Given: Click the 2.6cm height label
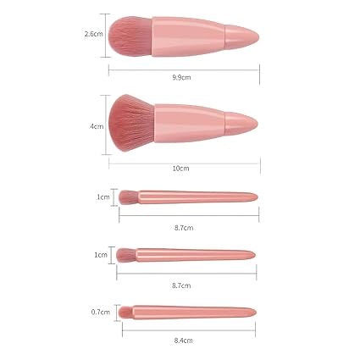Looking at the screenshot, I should (x=93, y=36).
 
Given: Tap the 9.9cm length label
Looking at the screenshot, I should (x=180, y=77).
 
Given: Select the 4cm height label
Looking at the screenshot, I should (x=97, y=127).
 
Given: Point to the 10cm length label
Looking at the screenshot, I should (x=180, y=168).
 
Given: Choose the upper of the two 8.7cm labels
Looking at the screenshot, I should (x=186, y=228).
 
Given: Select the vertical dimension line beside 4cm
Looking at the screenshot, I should (x=108, y=127).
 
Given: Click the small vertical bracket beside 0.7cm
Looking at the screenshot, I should (x=114, y=312).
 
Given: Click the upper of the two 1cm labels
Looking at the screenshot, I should (x=102, y=197).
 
